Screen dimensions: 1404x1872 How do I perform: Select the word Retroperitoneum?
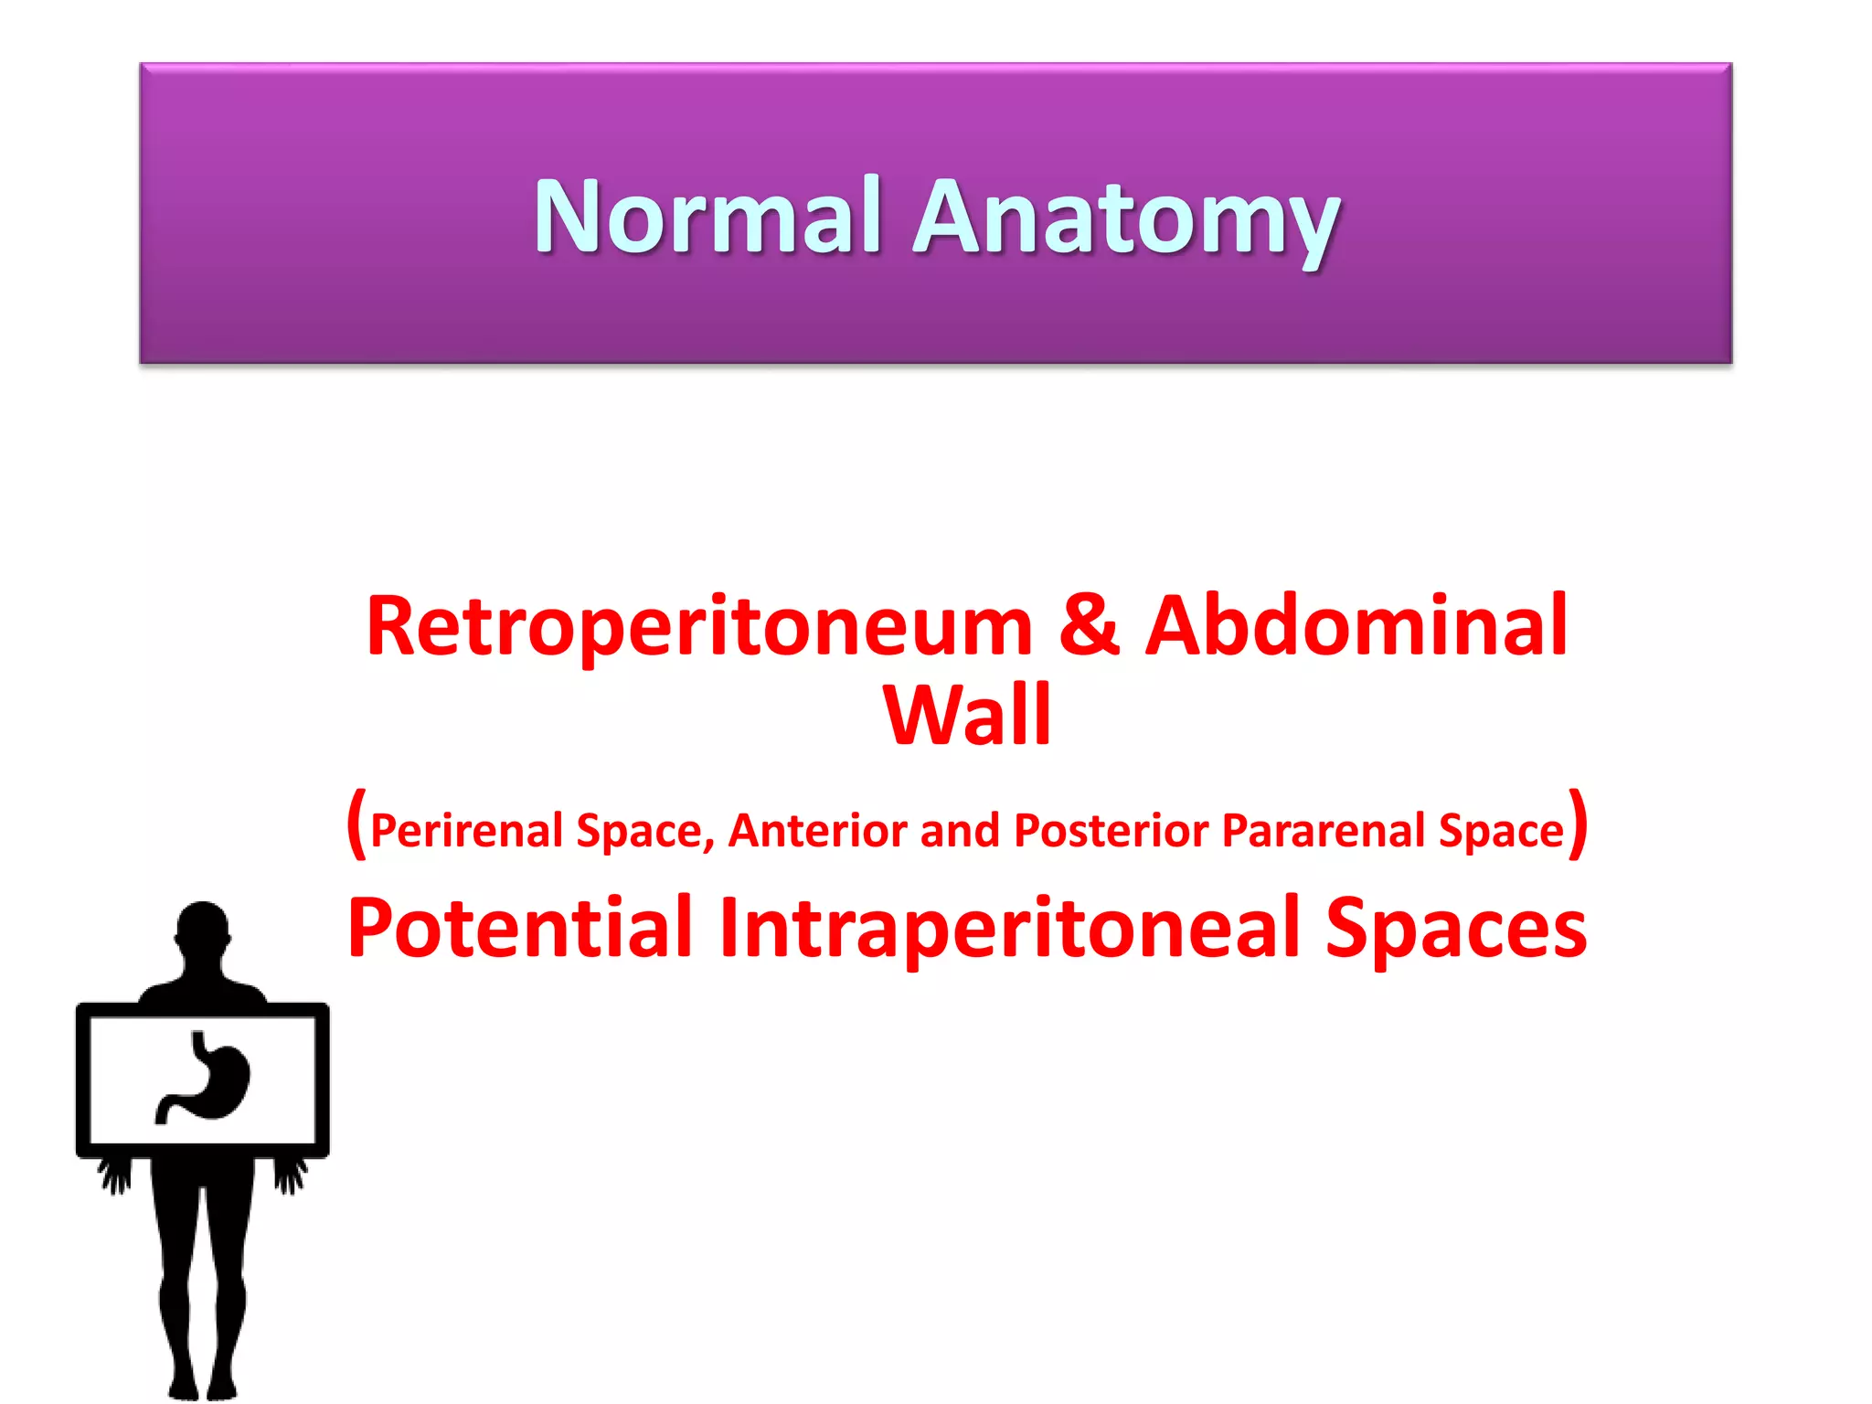[699, 627]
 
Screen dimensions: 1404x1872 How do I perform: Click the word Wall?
[967, 715]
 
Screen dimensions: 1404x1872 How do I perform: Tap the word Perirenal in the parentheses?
[467, 831]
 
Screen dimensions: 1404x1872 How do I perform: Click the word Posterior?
[1111, 831]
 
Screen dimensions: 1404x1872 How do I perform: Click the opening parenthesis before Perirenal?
[356, 824]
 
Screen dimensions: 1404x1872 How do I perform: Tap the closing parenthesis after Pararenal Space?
[1578, 824]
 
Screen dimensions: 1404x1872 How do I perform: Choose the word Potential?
[519, 929]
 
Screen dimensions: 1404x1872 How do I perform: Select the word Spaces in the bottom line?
[1456, 929]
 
